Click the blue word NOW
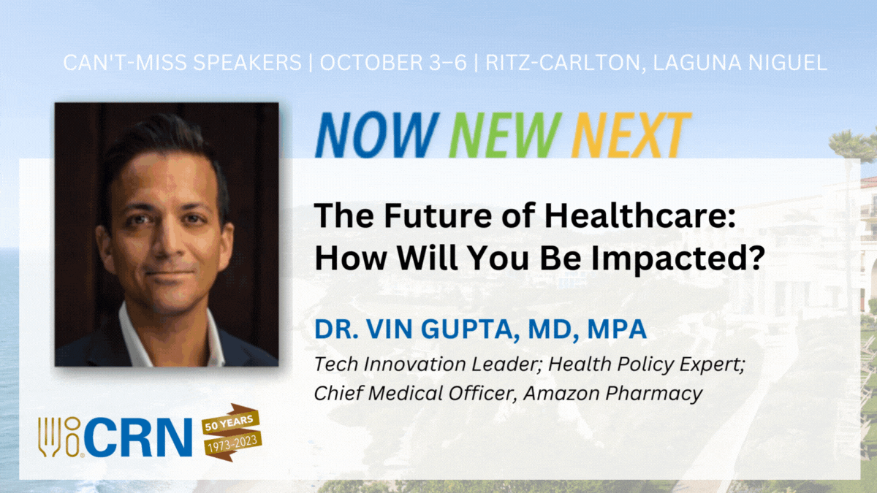(377, 135)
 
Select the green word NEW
(506, 135)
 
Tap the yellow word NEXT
(631, 135)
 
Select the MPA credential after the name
(617, 329)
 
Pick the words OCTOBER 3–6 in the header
(393, 63)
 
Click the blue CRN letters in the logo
(138, 437)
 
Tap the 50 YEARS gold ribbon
(230, 422)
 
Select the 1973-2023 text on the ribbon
(233, 445)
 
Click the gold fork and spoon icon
(59, 437)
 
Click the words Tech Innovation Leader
(428, 364)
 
